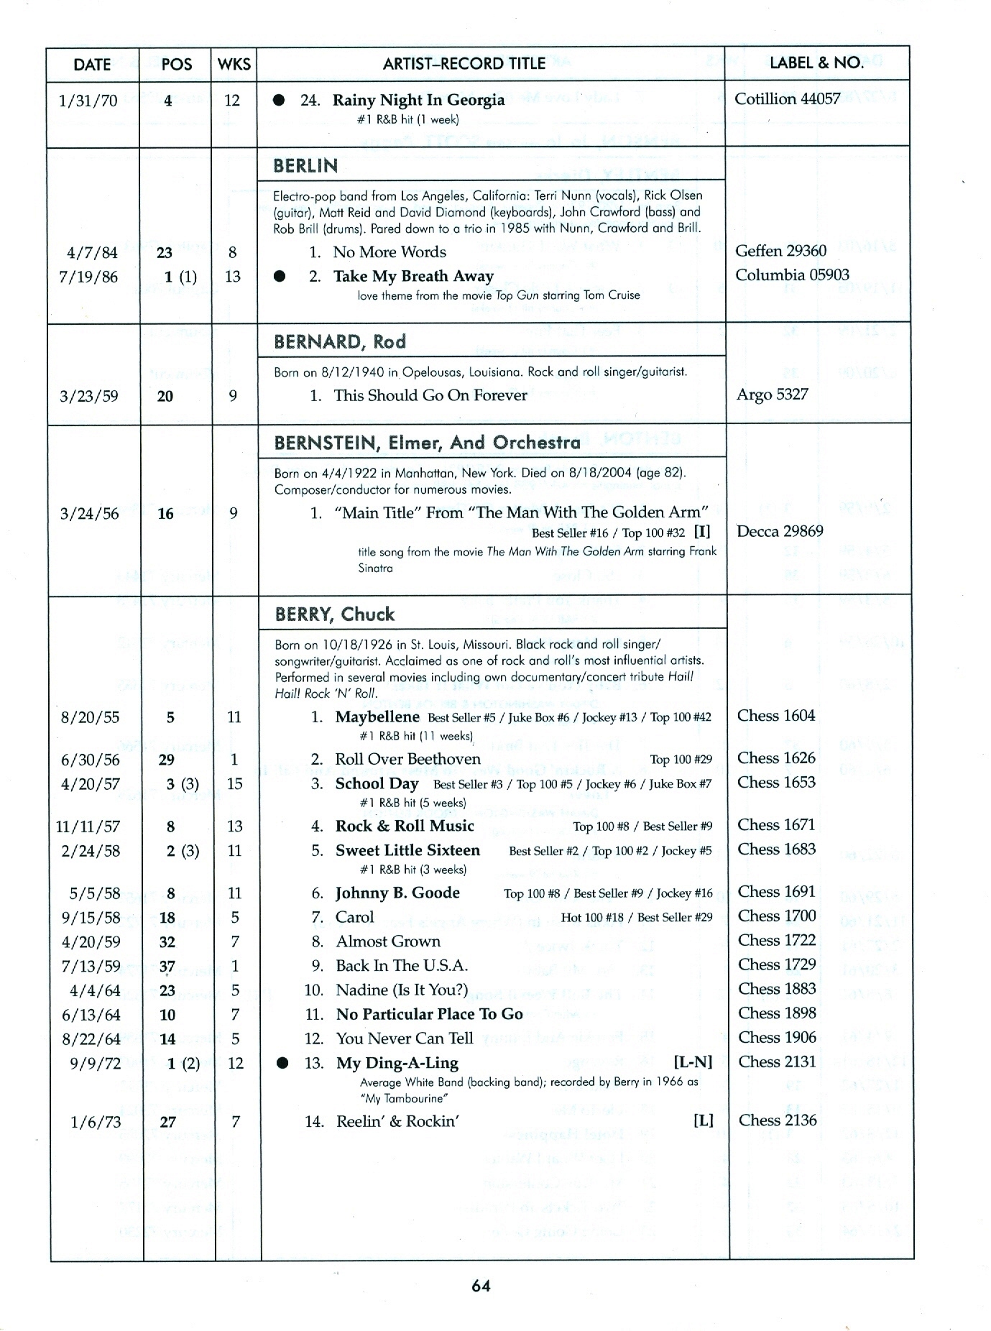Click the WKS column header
click(234, 64)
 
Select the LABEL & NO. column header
click(816, 63)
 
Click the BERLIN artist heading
click(305, 166)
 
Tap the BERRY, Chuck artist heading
click(335, 614)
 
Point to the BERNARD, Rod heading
click(340, 341)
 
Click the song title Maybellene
click(377, 717)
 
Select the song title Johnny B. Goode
click(397, 893)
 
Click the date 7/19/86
click(90, 277)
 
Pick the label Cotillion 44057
click(787, 98)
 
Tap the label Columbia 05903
click(792, 275)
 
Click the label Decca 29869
click(780, 531)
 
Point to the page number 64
click(481, 1286)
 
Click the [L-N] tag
click(693, 1062)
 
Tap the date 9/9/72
click(96, 1063)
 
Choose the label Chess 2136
click(778, 1120)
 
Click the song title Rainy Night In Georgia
click(418, 100)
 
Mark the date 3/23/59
click(89, 396)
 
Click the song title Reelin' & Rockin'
click(397, 1121)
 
